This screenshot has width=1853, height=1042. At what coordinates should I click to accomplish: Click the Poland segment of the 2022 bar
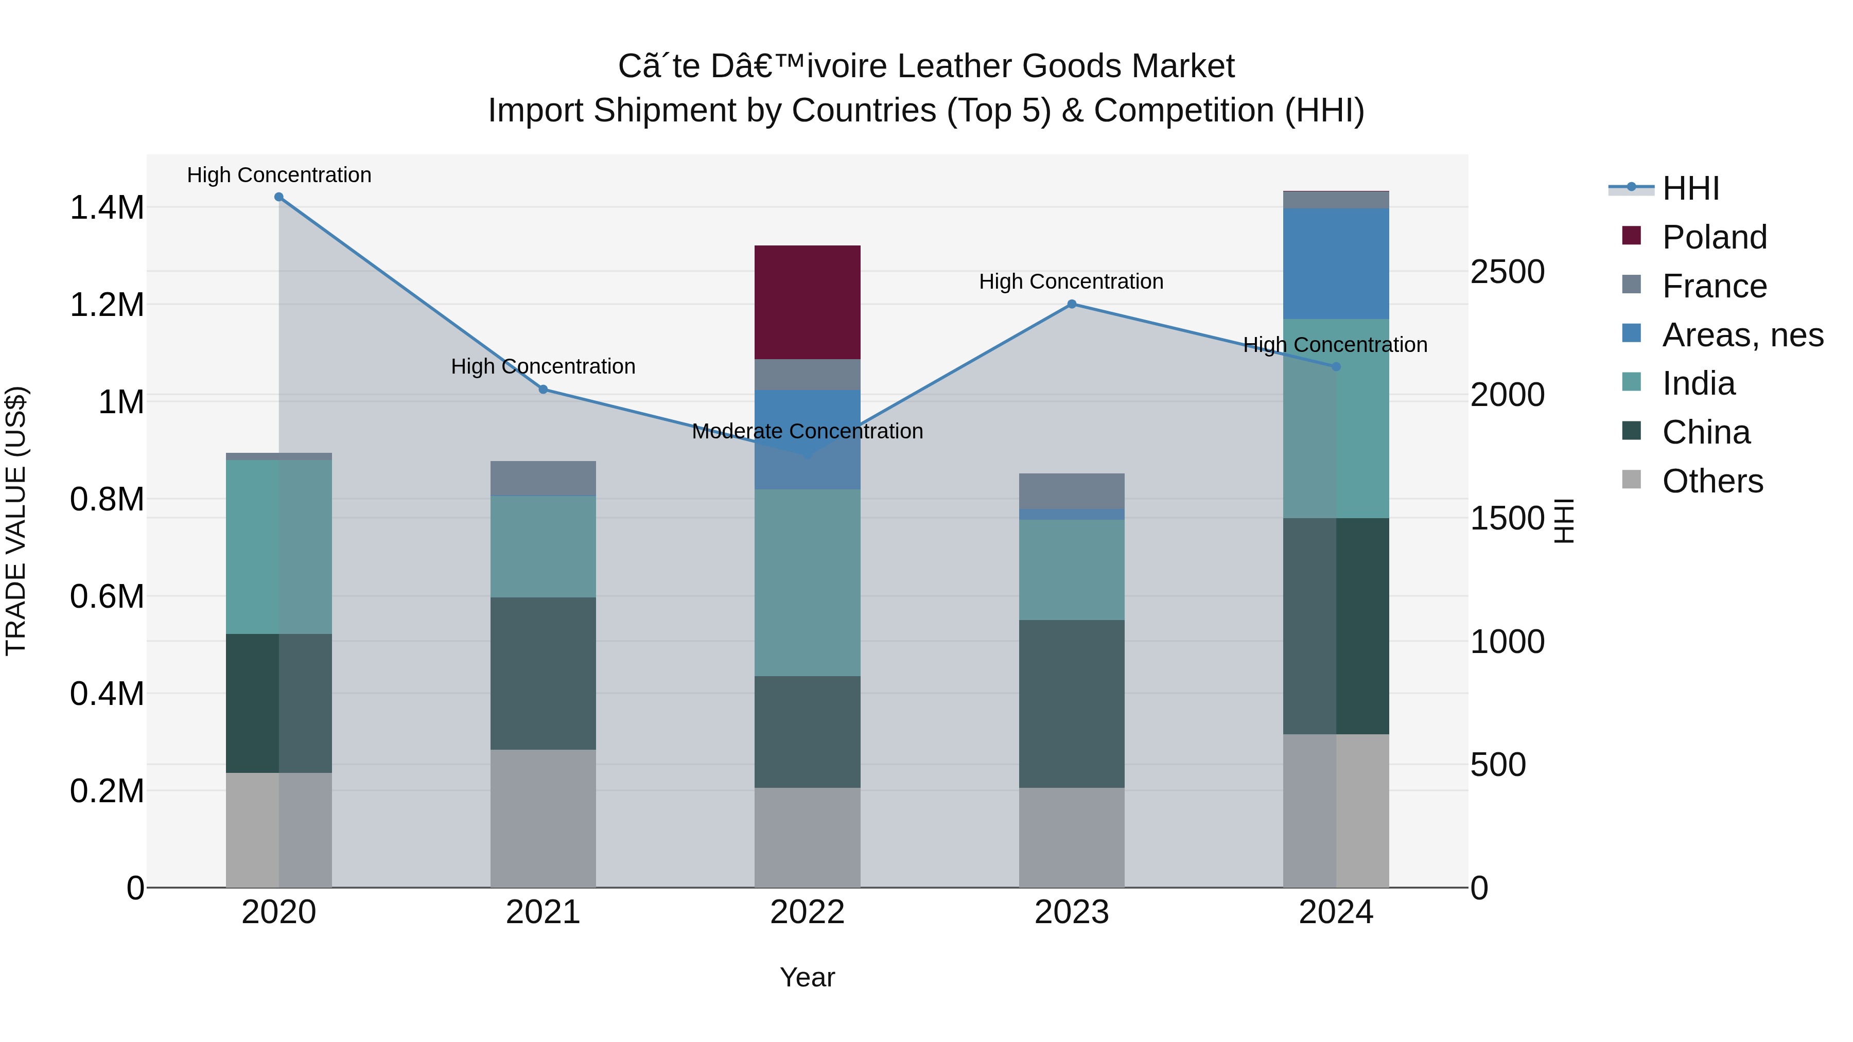click(807, 302)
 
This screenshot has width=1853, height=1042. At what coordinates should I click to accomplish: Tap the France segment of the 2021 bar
click(543, 478)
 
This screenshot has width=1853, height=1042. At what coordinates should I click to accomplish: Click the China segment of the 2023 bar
click(1071, 703)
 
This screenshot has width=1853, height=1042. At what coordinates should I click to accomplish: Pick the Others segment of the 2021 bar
click(543, 818)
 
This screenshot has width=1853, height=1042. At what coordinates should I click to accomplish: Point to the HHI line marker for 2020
click(279, 197)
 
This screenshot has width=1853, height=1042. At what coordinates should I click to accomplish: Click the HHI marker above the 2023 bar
click(1071, 304)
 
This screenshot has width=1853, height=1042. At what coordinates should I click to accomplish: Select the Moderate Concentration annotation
click(807, 432)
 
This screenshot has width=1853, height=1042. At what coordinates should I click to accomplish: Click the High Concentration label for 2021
click(543, 367)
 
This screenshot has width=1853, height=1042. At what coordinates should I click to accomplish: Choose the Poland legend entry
click(1714, 237)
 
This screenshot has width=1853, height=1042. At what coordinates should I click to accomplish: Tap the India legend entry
click(1699, 383)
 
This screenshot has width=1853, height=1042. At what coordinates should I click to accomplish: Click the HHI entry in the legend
click(1690, 188)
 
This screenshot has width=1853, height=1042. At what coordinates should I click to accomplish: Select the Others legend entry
click(1712, 481)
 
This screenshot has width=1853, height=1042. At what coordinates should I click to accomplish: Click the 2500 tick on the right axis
click(1507, 272)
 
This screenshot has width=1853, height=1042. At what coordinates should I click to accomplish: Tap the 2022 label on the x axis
click(807, 912)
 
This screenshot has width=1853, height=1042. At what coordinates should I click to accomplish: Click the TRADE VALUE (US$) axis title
click(16, 521)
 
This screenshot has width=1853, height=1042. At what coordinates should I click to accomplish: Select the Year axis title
click(807, 977)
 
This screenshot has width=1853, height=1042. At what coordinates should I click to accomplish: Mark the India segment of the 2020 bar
click(279, 546)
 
